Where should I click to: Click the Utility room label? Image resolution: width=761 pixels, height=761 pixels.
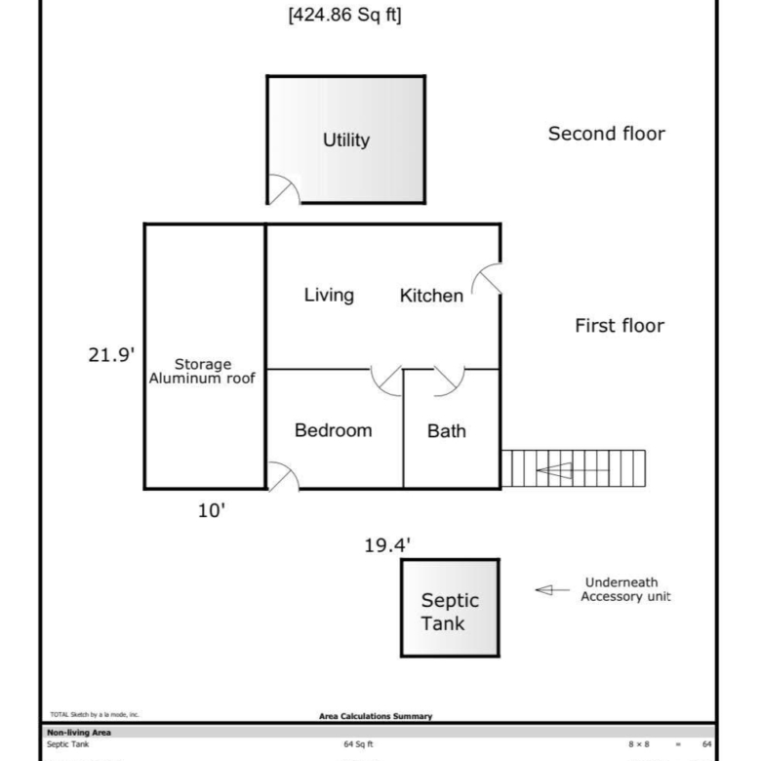pos(346,140)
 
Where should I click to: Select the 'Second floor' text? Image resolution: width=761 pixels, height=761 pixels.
pos(606,134)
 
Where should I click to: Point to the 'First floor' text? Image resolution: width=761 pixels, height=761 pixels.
pos(620,326)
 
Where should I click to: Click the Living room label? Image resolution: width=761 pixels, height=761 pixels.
pos(329,295)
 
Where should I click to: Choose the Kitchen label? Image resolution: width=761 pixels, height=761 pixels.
pos(431,296)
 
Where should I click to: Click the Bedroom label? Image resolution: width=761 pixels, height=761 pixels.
pos(334,430)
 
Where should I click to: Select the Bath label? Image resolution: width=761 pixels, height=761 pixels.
pos(447,431)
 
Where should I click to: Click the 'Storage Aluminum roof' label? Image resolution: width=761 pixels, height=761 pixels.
pos(202,372)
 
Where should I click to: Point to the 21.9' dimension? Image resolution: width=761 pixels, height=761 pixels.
pos(111,355)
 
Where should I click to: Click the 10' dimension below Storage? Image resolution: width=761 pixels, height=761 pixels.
pos(212,510)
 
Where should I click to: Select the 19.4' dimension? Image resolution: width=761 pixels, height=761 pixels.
pos(387,545)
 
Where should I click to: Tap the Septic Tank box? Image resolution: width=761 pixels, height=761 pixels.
pos(450,608)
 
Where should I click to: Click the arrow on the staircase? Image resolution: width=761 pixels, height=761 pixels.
pos(572,470)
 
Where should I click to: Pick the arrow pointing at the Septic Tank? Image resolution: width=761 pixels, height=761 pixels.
pos(552,590)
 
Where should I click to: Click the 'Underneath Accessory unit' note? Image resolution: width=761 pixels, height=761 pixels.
pos(625,589)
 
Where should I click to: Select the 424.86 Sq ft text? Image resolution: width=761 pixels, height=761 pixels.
pos(344,15)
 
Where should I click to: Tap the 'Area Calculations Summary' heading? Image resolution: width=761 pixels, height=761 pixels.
pos(376,716)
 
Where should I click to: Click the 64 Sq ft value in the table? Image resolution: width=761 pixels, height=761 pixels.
pos(358,744)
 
